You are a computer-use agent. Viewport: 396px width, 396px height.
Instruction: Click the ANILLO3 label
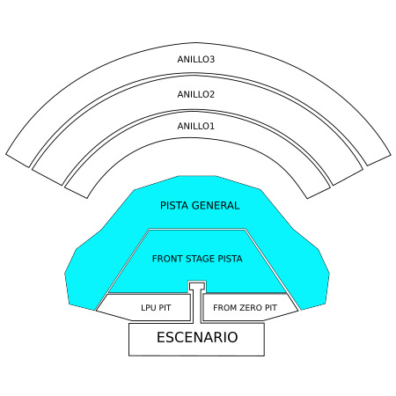(x=196, y=59)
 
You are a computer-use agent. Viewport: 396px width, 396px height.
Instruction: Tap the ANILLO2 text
(x=196, y=94)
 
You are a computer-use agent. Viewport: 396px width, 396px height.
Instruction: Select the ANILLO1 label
(x=196, y=126)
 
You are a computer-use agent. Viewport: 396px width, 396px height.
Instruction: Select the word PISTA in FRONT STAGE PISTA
(x=230, y=259)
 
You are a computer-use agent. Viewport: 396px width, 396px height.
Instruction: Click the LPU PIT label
(x=156, y=308)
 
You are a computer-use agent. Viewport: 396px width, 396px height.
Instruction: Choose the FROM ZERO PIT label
(x=245, y=308)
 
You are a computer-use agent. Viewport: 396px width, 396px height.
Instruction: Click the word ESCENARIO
(x=197, y=337)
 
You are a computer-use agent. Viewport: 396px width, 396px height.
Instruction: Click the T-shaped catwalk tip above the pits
(x=197, y=285)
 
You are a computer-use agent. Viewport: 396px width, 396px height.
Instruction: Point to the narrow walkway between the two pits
(x=196, y=306)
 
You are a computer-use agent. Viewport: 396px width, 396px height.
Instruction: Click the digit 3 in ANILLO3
(x=212, y=59)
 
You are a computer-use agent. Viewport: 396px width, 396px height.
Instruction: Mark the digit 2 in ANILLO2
(x=212, y=94)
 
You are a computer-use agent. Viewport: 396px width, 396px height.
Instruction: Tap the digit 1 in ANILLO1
(x=212, y=126)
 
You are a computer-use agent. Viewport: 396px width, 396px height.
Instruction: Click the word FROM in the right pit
(x=225, y=308)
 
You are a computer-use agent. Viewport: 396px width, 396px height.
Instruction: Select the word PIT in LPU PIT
(x=165, y=308)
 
